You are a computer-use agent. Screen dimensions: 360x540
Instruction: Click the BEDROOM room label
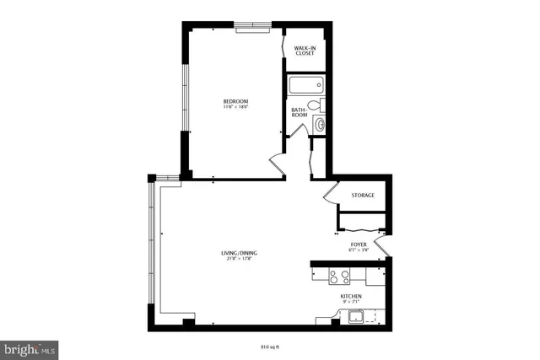tap(235, 100)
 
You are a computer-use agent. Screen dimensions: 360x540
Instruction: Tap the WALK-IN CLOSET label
tap(305, 52)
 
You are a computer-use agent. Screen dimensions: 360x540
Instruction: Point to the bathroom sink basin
tap(319, 125)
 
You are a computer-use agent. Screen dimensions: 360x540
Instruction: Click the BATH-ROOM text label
tap(299, 111)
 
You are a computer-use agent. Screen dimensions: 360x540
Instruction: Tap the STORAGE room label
tap(363, 196)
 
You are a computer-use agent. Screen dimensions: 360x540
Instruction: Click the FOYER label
tap(359, 244)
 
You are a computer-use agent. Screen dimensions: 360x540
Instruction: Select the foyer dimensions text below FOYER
tap(359, 250)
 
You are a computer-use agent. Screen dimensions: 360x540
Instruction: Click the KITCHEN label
tap(351, 297)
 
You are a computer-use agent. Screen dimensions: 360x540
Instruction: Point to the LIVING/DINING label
tap(239, 253)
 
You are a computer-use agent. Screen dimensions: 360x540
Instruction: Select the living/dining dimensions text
tap(239, 259)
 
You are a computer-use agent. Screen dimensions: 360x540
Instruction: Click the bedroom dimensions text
tap(235, 106)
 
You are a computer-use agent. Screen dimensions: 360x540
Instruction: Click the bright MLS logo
tap(30, 347)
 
